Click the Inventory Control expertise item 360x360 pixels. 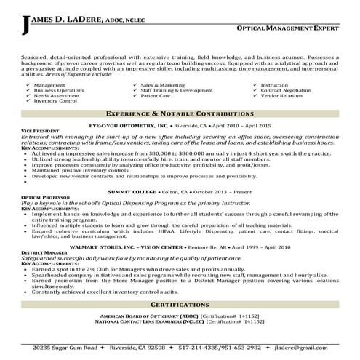(55, 100)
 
